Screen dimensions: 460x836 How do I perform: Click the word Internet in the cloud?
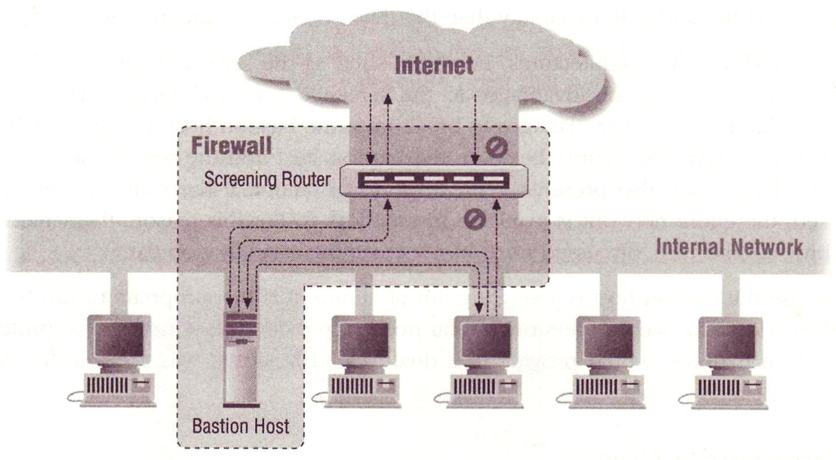pyautogui.click(x=434, y=65)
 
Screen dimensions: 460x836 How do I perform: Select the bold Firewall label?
pyautogui.click(x=232, y=146)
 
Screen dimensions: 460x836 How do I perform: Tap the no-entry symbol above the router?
pyautogui.click(x=496, y=148)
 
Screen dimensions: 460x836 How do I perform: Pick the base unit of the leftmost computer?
pyautogui.click(x=119, y=386)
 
